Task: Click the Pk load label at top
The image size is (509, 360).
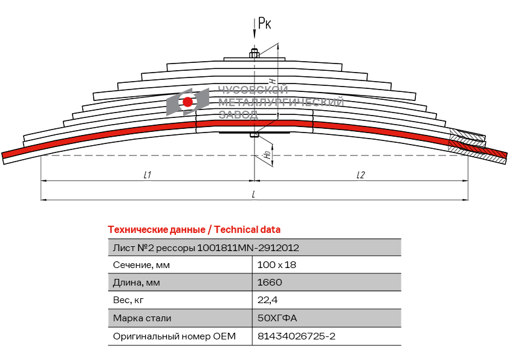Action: [x=264, y=24]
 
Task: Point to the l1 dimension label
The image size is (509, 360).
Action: [x=147, y=175]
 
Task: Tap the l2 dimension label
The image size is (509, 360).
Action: [x=360, y=175]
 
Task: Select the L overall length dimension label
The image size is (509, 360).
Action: [x=253, y=194]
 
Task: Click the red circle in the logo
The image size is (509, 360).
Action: [x=188, y=102]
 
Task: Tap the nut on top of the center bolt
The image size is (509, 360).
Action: [x=254, y=55]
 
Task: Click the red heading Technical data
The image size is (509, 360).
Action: [x=194, y=230]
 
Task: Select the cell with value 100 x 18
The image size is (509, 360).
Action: [x=277, y=264]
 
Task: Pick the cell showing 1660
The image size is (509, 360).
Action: [x=270, y=282]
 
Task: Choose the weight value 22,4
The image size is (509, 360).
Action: [x=267, y=299]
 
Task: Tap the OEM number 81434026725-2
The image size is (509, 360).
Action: [x=296, y=336]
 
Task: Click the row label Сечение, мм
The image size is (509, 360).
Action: [x=141, y=264]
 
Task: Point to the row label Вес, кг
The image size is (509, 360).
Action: [x=129, y=299]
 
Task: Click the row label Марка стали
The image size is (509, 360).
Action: [x=142, y=318]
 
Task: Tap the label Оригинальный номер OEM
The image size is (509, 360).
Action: [x=174, y=336]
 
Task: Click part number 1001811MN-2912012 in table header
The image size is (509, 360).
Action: [x=248, y=247]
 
